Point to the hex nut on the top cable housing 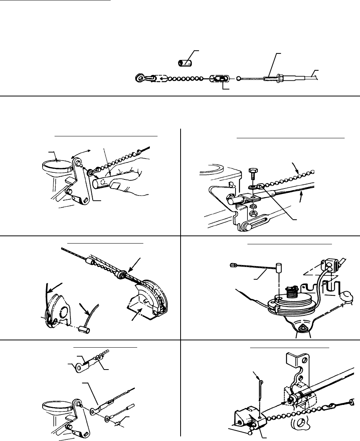tap(279, 78)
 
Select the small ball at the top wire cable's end tap(239, 78)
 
